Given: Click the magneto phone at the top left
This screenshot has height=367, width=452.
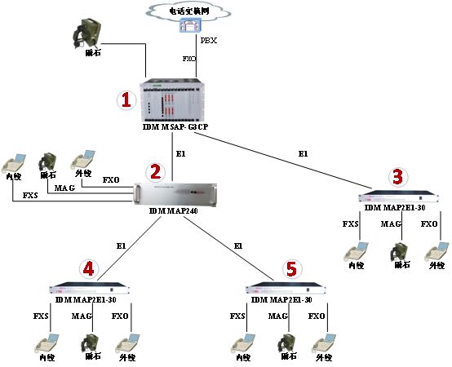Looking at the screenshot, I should pyautogui.click(x=84, y=33).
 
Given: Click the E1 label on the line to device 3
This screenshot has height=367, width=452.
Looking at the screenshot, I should pyautogui.click(x=303, y=153).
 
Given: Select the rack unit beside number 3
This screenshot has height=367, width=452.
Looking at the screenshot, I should pyautogui.click(x=400, y=197).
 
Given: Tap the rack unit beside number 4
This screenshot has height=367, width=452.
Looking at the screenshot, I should pyautogui.click(x=91, y=290).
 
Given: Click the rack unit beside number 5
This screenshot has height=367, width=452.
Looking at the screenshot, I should pyautogui.click(x=286, y=290).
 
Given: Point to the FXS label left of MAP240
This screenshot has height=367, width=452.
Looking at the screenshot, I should pyautogui.click(x=29, y=196).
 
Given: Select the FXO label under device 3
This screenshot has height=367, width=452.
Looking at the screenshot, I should pyautogui.click(x=428, y=223).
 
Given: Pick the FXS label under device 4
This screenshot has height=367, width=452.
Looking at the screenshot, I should pyautogui.click(x=42, y=316).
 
